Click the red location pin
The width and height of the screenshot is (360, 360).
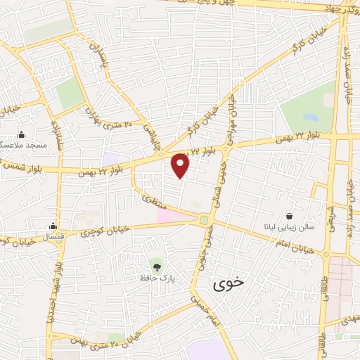181,165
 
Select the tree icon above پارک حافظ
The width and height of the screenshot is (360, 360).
156,266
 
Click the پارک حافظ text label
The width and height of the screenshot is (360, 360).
156,278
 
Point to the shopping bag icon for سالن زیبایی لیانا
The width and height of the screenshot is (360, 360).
289,215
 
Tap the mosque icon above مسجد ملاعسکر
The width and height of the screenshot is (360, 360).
21,134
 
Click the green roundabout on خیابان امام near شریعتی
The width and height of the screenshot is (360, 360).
326,253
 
